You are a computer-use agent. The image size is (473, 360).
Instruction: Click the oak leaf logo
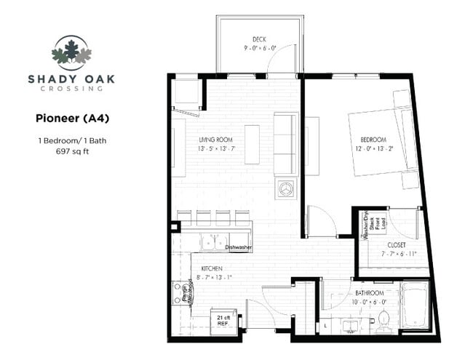[x=71, y=52]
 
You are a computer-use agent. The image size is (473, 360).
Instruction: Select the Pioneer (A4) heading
[x=73, y=117]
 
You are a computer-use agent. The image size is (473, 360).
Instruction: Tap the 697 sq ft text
[x=72, y=152]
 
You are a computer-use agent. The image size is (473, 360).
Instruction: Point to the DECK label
[x=258, y=39]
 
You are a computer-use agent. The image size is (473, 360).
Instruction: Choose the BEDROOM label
[x=373, y=140]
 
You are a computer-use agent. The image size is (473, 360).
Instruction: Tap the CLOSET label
[x=397, y=244]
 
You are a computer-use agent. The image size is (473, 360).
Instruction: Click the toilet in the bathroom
[x=383, y=318]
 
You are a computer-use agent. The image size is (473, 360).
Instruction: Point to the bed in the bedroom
[x=382, y=142]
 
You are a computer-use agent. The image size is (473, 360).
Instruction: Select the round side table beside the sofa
[x=284, y=188]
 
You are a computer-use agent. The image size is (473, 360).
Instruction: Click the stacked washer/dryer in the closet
[x=371, y=226]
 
